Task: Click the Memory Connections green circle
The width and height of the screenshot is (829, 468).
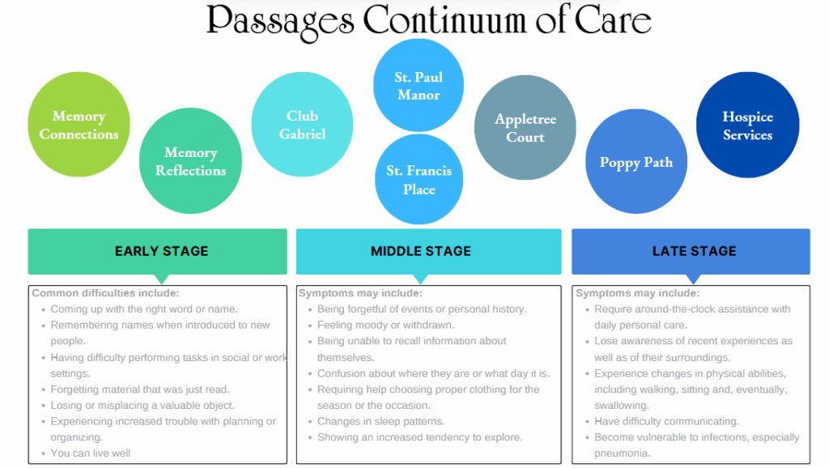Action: tap(79, 125)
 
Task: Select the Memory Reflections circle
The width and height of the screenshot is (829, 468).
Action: tap(190, 162)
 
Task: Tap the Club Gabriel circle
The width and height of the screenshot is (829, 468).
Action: tap(302, 125)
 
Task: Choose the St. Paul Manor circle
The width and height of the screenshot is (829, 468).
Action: tap(419, 85)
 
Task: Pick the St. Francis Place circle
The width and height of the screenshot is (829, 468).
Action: tap(419, 180)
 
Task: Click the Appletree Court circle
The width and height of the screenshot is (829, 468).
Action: tap(525, 128)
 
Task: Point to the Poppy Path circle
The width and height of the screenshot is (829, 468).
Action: tap(636, 162)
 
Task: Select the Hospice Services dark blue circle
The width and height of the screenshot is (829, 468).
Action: tap(747, 126)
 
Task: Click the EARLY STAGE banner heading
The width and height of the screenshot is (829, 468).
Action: tap(161, 251)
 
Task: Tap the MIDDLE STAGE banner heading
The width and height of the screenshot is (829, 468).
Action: tap(420, 251)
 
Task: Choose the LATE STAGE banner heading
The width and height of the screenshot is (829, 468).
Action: tap(694, 251)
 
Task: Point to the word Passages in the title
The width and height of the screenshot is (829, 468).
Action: tap(280, 20)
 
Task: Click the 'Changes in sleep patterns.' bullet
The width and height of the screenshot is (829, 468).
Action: tap(380, 421)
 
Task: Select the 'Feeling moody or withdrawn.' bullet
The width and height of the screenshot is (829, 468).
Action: tap(385, 325)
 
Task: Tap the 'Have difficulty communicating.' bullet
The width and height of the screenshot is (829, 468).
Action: tap(666, 421)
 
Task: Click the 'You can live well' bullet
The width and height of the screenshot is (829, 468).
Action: tap(91, 453)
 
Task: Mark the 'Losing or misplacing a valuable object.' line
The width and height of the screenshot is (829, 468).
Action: tap(142, 405)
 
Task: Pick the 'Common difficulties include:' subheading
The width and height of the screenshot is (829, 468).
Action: tap(105, 293)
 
